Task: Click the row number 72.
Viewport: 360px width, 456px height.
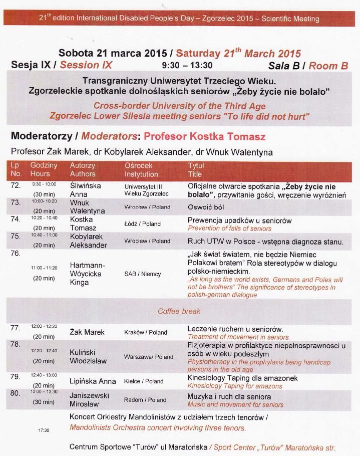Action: pyautogui.click(x=16, y=185)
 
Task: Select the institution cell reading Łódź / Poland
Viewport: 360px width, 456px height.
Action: pyautogui.click(x=143, y=224)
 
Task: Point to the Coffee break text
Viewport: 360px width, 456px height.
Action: pyautogui.click(x=179, y=311)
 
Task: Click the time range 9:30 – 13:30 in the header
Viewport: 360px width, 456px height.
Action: pyautogui.click(x=187, y=65)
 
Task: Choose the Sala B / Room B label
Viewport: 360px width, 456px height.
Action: pyautogui.click(x=308, y=65)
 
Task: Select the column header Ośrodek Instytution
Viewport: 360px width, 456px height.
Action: pyautogui.click(x=141, y=170)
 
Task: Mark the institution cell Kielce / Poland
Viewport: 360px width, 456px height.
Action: pyautogui.click(x=144, y=381)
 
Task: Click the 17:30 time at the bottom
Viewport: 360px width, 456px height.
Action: pyautogui.click(x=44, y=430)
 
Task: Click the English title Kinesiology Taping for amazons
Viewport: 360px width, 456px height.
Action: pyautogui.click(x=235, y=386)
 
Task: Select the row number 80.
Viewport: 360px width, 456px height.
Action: pyautogui.click(x=16, y=393)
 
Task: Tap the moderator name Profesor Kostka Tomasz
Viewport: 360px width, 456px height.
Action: pyautogui.click(x=204, y=137)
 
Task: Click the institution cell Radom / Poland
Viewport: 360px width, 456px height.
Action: pyautogui.click(x=145, y=400)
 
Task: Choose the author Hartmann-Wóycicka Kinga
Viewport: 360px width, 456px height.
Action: pyautogui.click(x=92, y=274)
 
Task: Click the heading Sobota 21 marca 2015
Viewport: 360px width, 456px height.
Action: pyautogui.click(x=113, y=53)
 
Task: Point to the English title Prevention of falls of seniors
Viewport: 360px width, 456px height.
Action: pyautogui.click(x=229, y=228)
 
